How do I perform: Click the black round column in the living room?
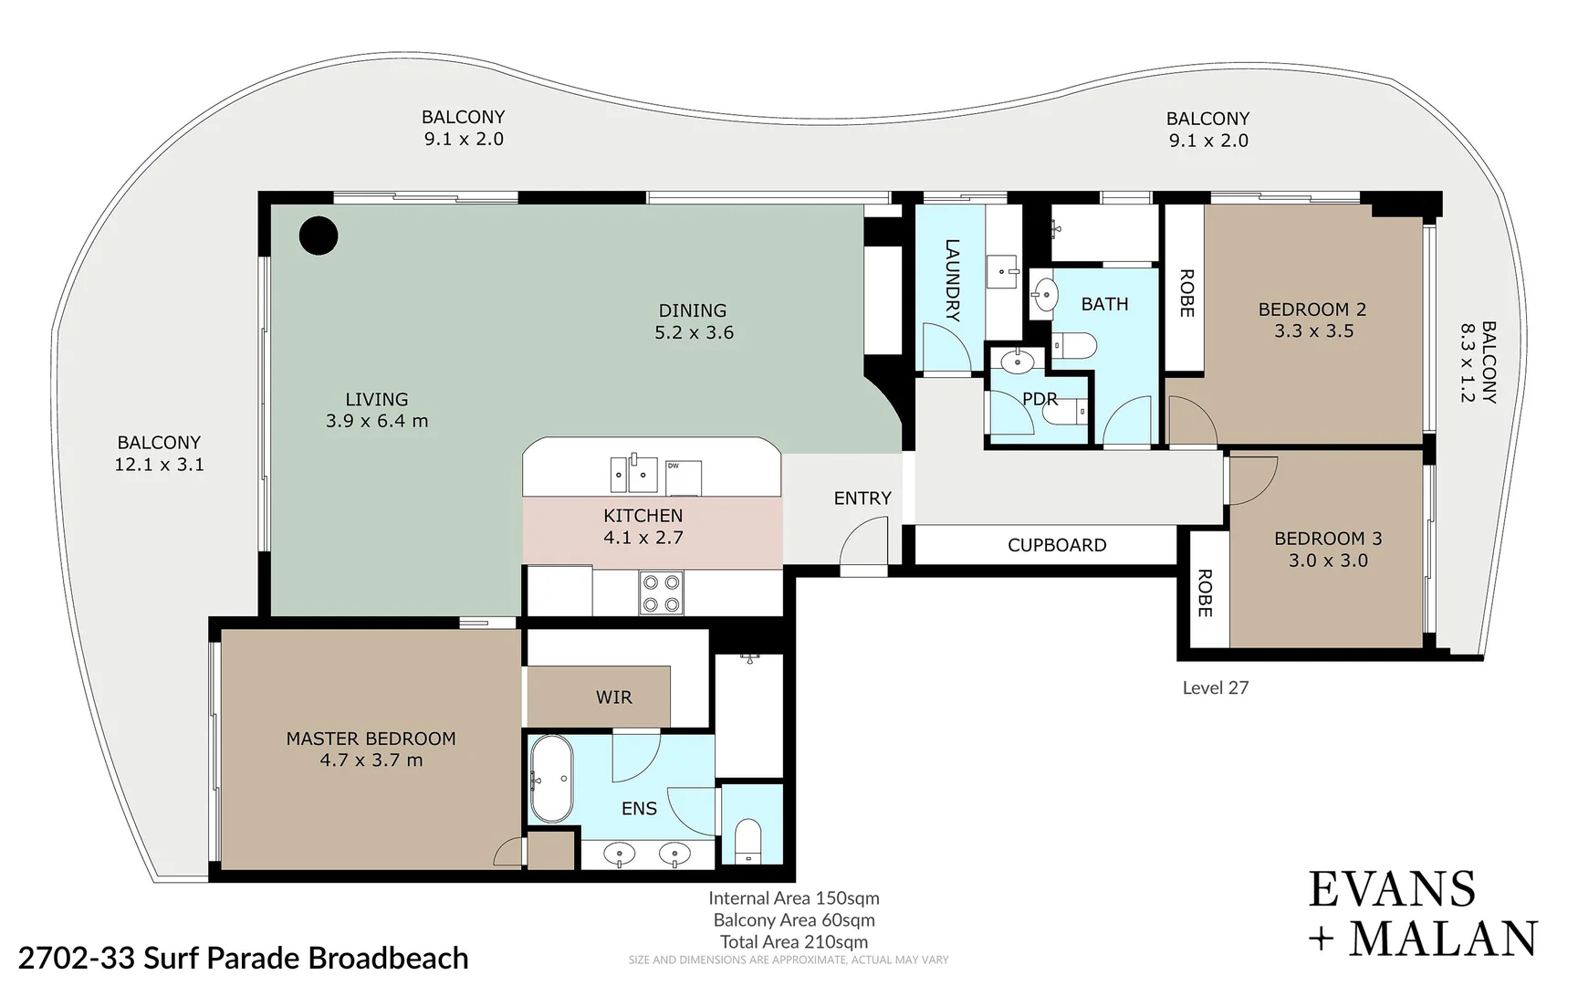click(319, 236)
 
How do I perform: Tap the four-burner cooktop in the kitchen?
click(661, 593)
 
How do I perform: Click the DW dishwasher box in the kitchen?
click(683, 477)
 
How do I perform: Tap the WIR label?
click(613, 698)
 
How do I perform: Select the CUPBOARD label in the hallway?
click(1056, 545)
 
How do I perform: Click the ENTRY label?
click(862, 498)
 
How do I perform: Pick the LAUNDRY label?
click(951, 280)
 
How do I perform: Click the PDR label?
click(1040, 399)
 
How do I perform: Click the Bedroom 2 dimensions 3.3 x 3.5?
click(1313, 331)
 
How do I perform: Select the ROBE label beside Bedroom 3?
click(1204, 593)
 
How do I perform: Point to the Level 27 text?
click(1215, 688)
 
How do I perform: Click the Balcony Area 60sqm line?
click(793, 920)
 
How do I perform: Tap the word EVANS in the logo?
click(1391, 890)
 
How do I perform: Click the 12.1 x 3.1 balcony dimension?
click(159, 465)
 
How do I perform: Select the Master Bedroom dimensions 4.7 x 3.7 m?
click(371, 760)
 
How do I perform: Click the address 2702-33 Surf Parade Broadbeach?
click(243, 958)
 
